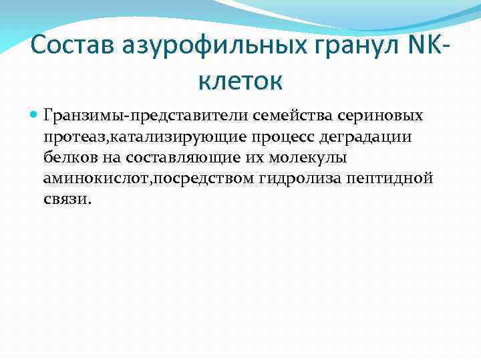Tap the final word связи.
click(x=65, y=200)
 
